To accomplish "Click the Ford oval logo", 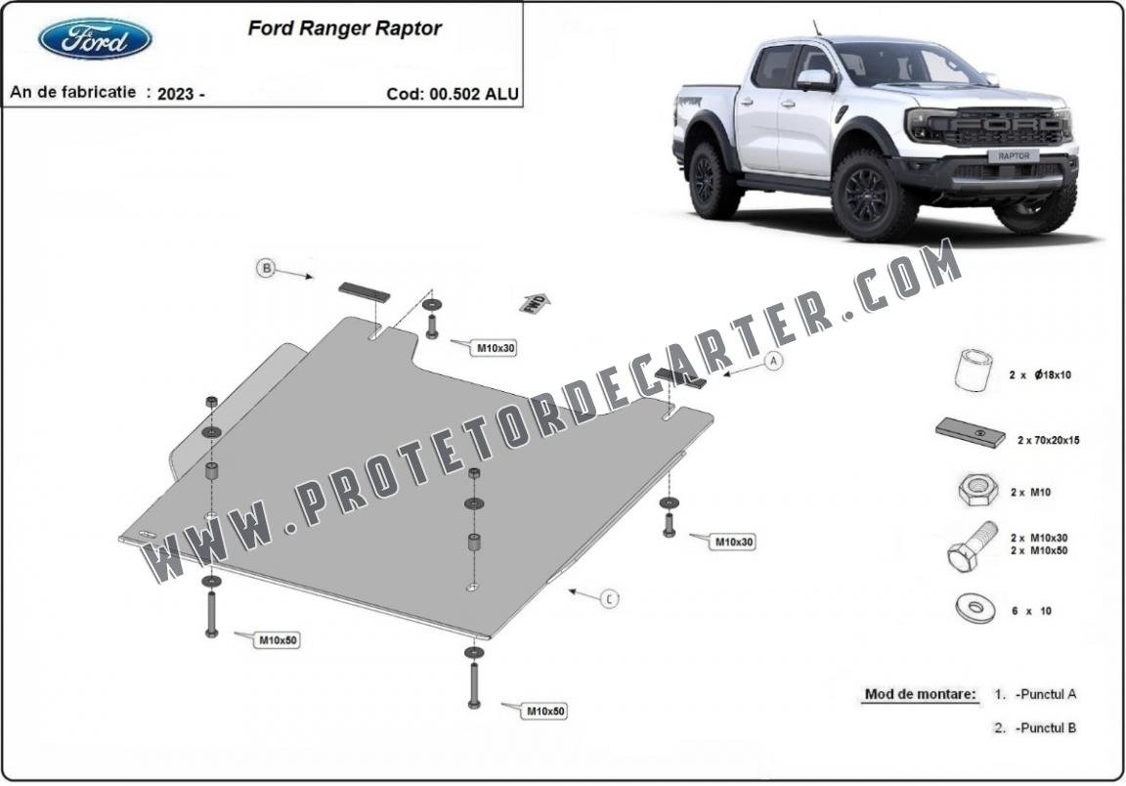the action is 95,39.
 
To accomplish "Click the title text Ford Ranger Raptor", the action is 345,28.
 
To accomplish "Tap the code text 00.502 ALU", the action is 474,94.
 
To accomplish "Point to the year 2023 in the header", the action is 176,94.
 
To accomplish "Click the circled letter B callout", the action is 267,269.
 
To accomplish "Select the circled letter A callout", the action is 773,362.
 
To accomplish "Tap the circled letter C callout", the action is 609,598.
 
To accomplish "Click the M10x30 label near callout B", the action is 497,348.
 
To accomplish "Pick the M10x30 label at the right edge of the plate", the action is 733,542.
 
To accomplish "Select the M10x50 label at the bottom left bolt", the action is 278,640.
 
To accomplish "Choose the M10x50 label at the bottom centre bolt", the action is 545,712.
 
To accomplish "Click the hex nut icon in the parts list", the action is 977,490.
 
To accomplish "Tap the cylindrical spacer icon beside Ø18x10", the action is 974,371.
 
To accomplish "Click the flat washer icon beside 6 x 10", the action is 974,609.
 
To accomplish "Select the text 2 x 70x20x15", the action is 1048,440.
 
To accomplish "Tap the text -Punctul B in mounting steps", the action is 1046,727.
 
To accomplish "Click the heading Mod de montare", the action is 920,694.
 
